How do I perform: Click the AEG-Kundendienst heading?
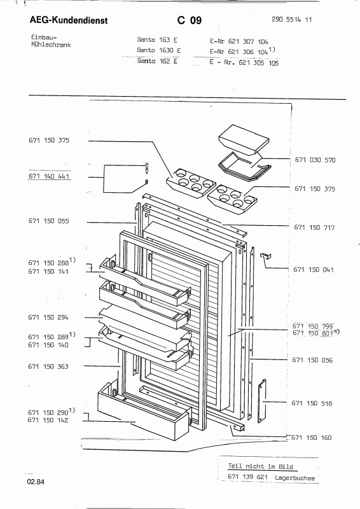pos(69,20)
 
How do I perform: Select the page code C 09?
pos(190,20)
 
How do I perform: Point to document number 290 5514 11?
pos(291,20)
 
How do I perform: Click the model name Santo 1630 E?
pos(159,50)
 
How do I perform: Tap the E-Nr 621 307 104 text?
pos(239,41)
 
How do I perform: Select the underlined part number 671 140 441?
pos(49,176)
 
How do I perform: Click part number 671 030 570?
pos(315,160)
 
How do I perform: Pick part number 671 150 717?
pos(314,228)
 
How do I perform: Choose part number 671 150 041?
pos(314,269)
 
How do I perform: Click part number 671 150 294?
pos(48,317)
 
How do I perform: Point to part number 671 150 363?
pos(48,366)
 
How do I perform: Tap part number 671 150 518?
pos(312,403)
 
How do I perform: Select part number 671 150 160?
pos(312,438)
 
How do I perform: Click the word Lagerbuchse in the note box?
pos(294,478)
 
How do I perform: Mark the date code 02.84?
pos(36,482)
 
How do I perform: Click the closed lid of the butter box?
pos(244,137)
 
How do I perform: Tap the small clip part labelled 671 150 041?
pos(266,256)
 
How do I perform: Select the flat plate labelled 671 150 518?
pos(262,401)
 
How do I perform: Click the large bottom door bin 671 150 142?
pos(143,411)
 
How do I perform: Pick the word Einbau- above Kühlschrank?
pos(44,38)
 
